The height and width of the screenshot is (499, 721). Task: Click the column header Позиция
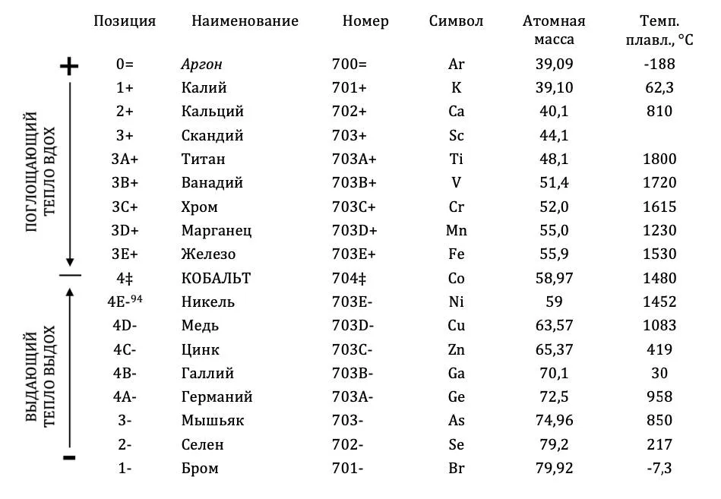tap(125, 21)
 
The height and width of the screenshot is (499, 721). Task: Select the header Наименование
tap(245, 21)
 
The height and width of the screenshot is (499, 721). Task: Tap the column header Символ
tap(456, 21)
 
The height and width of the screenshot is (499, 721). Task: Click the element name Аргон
tap(201, 65)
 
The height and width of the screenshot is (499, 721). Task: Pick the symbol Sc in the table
tap(456, 136)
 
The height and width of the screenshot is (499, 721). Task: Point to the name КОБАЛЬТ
tap(216, 278)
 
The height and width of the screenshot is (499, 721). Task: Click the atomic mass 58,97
tap(554, 278)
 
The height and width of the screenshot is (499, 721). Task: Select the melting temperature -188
tap(659, 65)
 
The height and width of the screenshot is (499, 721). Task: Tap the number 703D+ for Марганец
tap(354, 230)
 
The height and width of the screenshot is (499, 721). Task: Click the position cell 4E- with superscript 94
tap(125, 302)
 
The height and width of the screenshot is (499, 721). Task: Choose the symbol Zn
tap(456, 349)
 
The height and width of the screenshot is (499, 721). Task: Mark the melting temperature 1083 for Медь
tap(659, 326)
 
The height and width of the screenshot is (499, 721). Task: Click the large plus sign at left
tap(69, 67)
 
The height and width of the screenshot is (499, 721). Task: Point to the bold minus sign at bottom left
tap(69, 457)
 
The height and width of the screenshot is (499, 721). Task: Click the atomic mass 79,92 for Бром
tap(554, 468)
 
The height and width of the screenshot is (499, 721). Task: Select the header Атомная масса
tap(554, 30)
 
